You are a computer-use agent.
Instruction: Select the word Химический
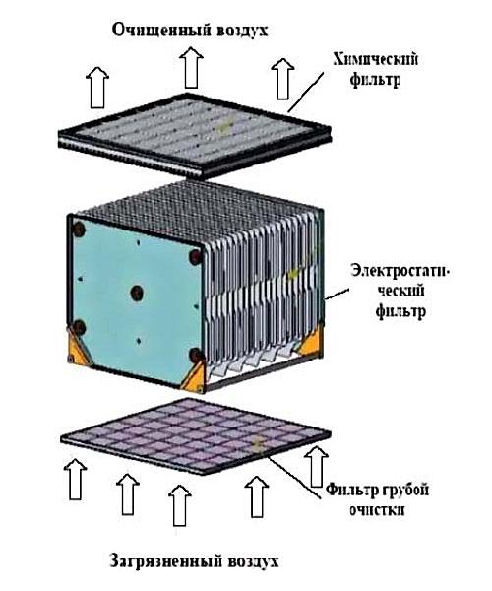pyautogui.click(x=375, y=60)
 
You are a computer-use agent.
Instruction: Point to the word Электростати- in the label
pyautogui.click(x=400, y=271)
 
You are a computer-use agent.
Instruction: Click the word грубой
pyautogui.click(x=406, y=491)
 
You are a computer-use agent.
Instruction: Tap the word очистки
pyautogui.click(x=377, y=510)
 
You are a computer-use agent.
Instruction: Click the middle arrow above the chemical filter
pyautogui.click(x=191, y=67)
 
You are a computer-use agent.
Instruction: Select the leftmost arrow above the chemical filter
pyautogui.click(x=97, y=88)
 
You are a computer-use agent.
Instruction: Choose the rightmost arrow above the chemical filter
pyautogui.click(x=282, y=79)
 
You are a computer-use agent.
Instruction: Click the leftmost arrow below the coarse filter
pyautogui.click(x=76, y=479)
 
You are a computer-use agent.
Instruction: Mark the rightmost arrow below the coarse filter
pyautogui.click(x=316, y=467)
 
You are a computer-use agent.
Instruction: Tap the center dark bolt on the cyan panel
pyautogui.click(x=137, y=293)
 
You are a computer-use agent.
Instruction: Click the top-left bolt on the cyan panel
pyautogui.click(x=79, y=229)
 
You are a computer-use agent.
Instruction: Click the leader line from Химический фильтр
pyautogui.click(x=306, y=92)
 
